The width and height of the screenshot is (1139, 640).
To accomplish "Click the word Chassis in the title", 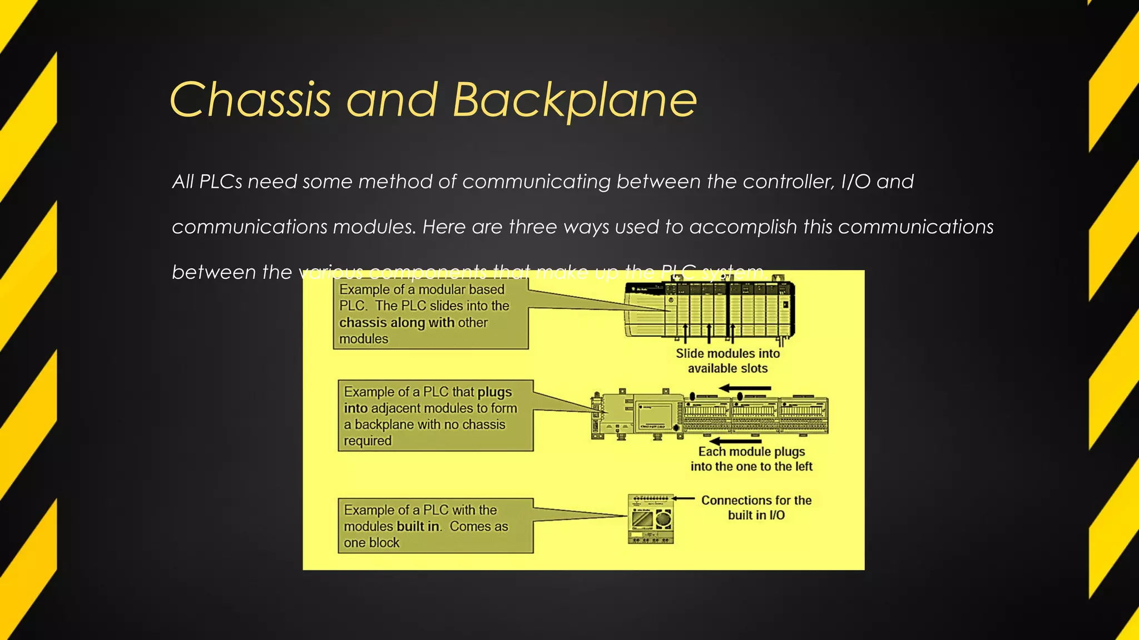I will [x=250, y=100].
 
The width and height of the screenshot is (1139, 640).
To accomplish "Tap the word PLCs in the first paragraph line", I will [x=221, y=182].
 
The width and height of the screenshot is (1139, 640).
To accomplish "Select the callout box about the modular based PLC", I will [x=430, y=314].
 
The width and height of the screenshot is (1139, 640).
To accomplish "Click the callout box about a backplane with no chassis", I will [x=435, y=416].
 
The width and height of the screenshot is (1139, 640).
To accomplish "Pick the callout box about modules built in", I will [x=435, y=526].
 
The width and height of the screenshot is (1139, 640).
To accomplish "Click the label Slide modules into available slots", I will [x=727, y=361].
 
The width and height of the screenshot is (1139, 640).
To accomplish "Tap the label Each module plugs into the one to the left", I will [x=751, y=459].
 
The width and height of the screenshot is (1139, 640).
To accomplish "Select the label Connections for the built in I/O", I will [x=756, y=508].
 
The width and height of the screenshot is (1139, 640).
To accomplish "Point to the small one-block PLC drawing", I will [x=651, y=519].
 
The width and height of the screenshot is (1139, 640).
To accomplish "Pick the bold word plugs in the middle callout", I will [x=494, y=392].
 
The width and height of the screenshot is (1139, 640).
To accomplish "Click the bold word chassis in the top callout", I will [x=363, y=323].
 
